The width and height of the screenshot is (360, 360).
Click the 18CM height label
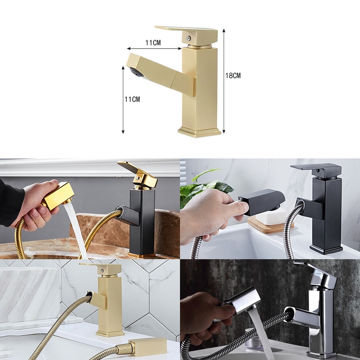point(233,75)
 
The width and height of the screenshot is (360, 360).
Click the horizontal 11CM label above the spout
point(153,43)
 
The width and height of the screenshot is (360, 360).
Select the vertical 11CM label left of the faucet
point(132,99)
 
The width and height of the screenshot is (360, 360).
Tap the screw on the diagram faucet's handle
point(189,38)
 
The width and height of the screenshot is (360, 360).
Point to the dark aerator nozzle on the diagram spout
point(136,72)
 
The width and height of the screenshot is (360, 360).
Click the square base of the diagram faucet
point(199,132)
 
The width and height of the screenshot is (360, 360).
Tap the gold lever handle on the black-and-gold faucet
point(137,173)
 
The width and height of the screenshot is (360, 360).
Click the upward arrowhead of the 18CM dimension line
point(224,31)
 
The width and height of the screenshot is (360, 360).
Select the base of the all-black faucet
point(326,250)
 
